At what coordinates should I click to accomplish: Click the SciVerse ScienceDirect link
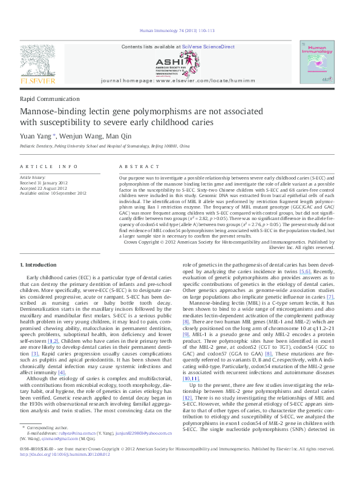tap(209, 47)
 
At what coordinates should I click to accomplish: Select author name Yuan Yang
tap(36, 136)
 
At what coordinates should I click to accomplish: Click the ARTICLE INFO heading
tap(48, 166)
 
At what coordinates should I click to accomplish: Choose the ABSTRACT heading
tap(135, 166)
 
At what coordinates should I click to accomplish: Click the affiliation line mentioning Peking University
tap(105, 147)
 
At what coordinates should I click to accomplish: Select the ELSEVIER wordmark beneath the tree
tap(38, 80)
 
